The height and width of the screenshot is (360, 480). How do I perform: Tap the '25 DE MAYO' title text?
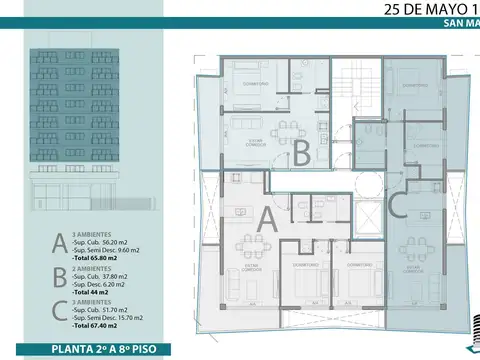click(420, 12)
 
